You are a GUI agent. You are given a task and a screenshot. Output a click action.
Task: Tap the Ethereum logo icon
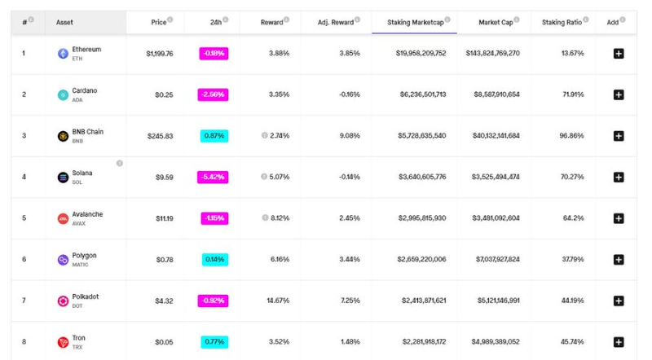coord(63,54)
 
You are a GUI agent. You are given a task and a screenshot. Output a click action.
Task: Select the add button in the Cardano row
coord(619,94)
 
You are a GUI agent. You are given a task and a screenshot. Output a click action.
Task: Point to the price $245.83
coord(160,136)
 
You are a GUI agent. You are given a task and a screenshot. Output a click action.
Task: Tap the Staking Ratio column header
coord(562,22)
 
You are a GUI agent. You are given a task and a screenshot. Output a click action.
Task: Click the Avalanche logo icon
coord(63,218)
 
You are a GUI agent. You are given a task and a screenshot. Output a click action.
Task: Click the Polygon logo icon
coord(63,260)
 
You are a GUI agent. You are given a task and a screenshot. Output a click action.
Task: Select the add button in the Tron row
coord(619,342)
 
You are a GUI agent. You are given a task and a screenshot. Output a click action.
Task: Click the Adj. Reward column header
coord(336,22)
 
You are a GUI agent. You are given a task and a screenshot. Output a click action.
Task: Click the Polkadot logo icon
coord(63,301)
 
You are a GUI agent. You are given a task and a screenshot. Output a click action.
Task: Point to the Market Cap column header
coord(494,22)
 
